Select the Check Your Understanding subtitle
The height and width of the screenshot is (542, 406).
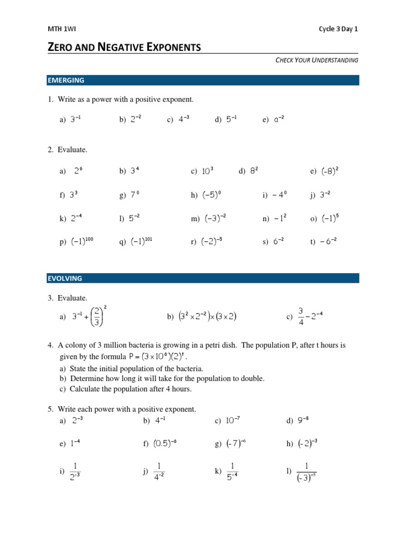[x=317, y=60]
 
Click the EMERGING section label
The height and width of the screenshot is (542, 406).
[x=66, y=80]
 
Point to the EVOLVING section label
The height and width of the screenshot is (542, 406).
[x=65, y=278]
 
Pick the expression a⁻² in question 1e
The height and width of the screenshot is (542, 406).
[x=279, y=120]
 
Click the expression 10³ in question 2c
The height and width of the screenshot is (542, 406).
[x=208, y=171]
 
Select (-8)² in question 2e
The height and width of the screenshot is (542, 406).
[x=329, y=171]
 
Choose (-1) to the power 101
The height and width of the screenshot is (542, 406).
[x=141, y=241]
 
